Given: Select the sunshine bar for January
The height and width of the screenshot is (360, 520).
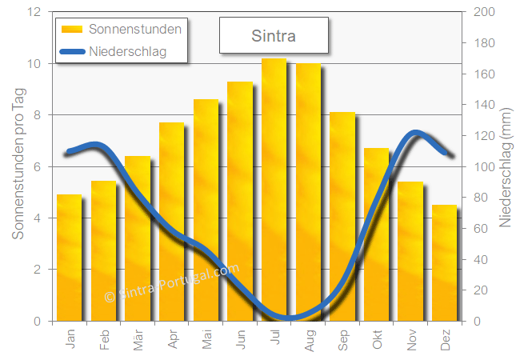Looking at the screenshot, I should tap(69, 256).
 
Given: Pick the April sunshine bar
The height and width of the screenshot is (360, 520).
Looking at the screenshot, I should tap(171, 220).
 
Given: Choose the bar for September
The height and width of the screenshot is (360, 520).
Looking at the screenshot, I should tap(342, 216).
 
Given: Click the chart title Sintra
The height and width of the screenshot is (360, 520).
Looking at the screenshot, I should tap(274, 36).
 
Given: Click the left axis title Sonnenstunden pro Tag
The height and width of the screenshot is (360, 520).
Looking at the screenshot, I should tap(18, 166).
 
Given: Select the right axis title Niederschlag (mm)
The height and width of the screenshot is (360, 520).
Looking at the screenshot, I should tap(506, 166).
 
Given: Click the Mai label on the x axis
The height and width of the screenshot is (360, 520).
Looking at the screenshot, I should tap(208, 342).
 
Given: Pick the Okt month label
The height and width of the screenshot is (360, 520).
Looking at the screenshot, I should tap(378, 342).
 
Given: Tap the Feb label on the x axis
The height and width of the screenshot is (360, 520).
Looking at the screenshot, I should tap(105, 342).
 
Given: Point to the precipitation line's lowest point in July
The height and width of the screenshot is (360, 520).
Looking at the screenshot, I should tap(288, 318).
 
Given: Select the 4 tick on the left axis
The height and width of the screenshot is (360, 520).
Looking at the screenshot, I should tap(38, 218).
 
